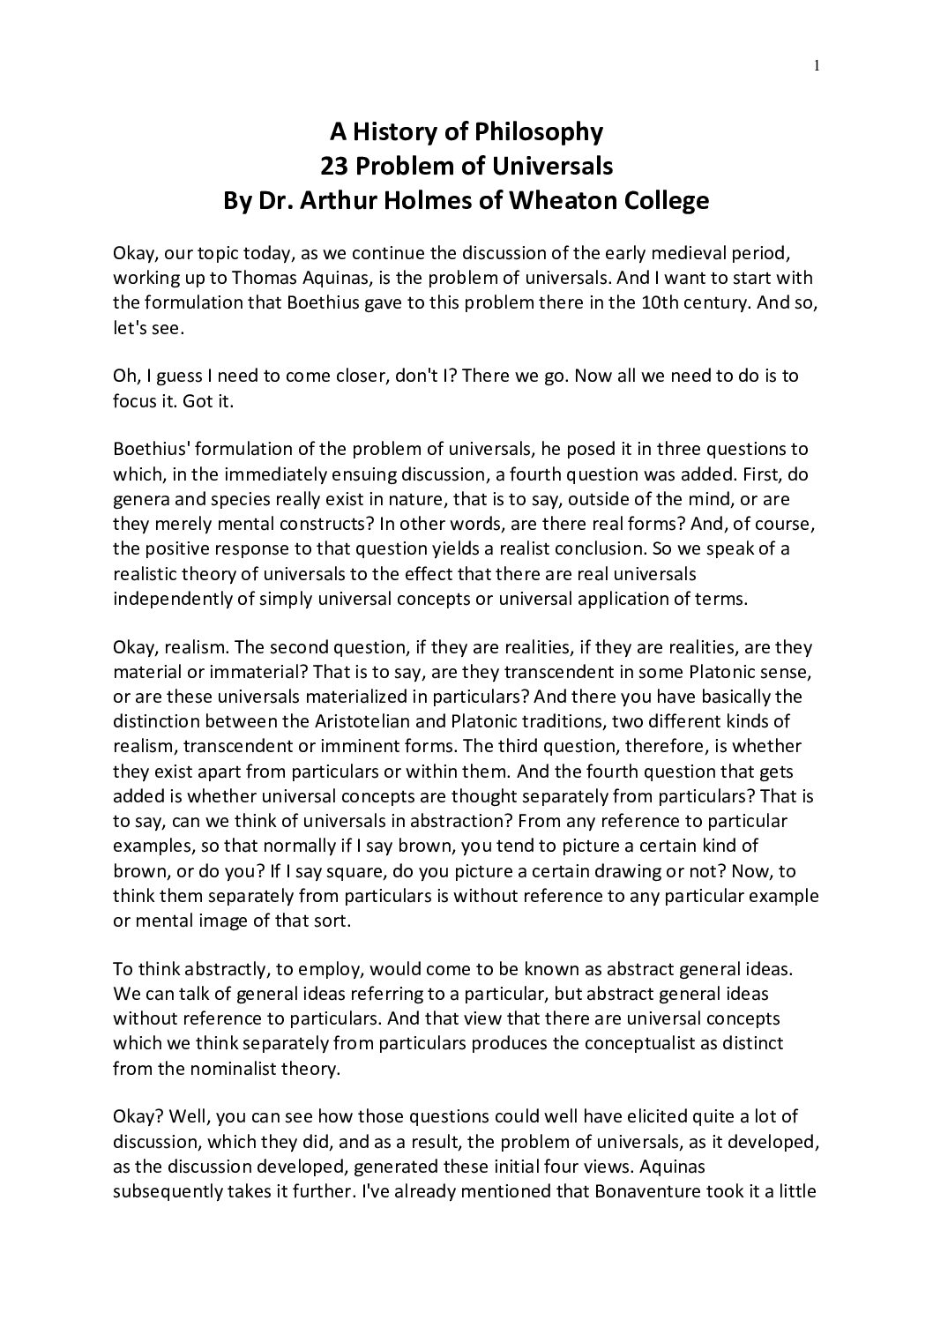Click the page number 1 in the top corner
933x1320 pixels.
click(x=817, y=63)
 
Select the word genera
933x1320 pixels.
click(x=140, y=498)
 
